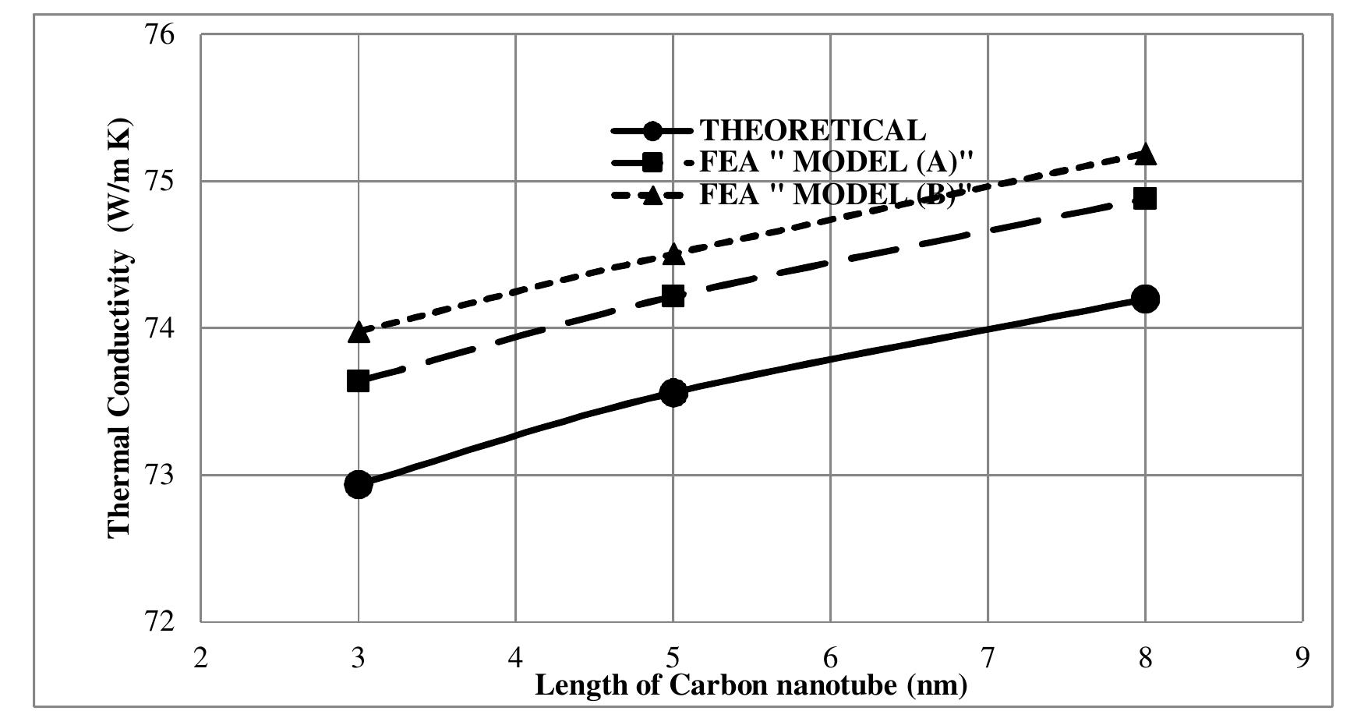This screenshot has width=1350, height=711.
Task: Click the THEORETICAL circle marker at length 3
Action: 358,484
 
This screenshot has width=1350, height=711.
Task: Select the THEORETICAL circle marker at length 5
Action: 673,393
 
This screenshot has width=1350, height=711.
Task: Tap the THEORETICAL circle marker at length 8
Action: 1145,299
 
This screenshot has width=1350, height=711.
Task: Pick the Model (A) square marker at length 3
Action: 358,381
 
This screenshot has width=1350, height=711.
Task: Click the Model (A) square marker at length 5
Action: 673,295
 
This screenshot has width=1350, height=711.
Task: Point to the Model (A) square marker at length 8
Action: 1145,198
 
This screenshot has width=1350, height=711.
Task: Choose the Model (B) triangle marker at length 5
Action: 673,254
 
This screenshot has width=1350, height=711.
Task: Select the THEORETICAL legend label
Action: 812,130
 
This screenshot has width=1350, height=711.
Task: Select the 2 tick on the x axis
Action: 201,659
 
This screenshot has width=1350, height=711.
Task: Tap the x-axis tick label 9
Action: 1302,659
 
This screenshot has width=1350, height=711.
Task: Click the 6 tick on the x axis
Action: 830,659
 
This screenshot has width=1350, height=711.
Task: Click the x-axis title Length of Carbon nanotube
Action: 751,686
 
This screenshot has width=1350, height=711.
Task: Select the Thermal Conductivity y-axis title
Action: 119,327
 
